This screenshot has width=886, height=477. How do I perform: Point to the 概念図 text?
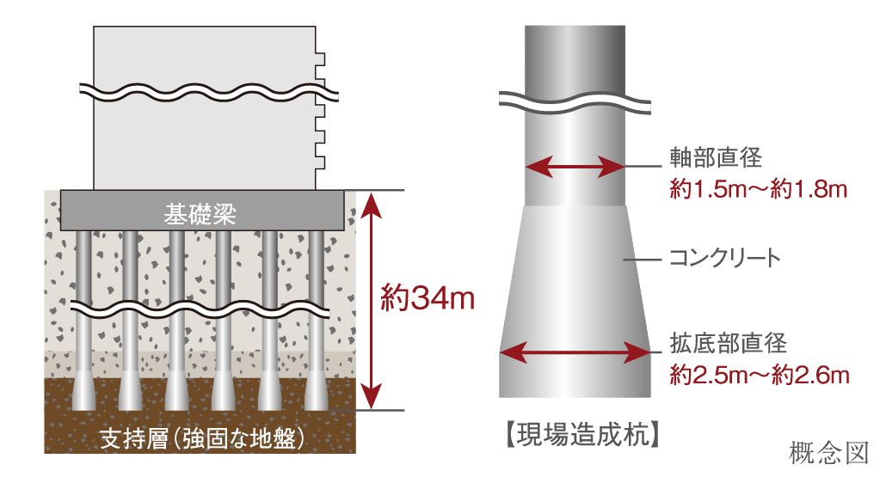(829, 450)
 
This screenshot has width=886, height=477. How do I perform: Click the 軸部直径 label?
(717, 158)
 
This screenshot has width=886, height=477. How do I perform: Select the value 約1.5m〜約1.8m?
(760, 188)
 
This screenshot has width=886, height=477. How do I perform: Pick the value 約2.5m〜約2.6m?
(760, 376)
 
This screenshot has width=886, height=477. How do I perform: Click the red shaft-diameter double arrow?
(575, 166)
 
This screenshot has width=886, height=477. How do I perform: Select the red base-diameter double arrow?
(575, 352)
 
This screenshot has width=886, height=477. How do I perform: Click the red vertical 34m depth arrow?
(371, 300)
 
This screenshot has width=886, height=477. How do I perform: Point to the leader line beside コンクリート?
(641, 258)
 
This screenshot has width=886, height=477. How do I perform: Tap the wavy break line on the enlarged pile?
(575, 101)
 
